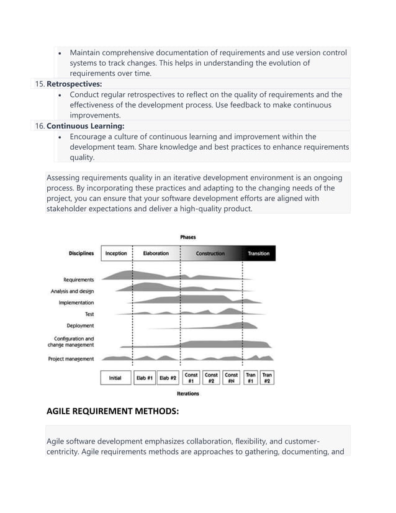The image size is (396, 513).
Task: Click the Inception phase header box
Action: pyautogui.click(x=116, y=253)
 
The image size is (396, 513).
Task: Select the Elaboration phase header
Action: pyautogui.click(x=156, y=253)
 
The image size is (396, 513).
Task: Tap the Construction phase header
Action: pyautogui.click(x=210, y=253)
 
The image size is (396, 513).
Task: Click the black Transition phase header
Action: pyautogui.click(x=259, y=253)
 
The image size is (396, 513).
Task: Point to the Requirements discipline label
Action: pyautogui.click(x=79, y=279)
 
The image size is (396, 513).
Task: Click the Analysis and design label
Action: pyautogui.click(x=73, y=291)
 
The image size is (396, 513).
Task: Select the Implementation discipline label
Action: pyautogui.click(x=76, y=302)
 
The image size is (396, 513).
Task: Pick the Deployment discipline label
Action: pyautogui.click(x=81, y=325)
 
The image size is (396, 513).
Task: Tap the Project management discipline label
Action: pyautogui.click(x=71, y=358)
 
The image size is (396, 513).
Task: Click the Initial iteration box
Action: pyautogui.click(x=115, y=378)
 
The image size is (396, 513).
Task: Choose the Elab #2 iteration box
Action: pyautogui.click(x=167, y=378)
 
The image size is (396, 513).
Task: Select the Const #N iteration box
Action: pyautogui.click(x=232, y=378)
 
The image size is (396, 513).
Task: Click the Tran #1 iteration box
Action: pyautogui.click(x=251, y=378)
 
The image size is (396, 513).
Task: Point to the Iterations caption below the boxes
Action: pyautogui.click(x=188, y=394)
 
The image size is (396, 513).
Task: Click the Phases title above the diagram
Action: pyautogui.click(x=188, y=237)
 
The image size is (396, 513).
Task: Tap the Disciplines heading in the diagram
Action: pyautogui.click(x=81, y=253)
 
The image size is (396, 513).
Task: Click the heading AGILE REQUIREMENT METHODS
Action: pyautogui.click(x=112, y=411)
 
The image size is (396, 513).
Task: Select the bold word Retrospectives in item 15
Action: pyautogui.click(x=74, y=84)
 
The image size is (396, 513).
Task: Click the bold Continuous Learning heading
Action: pyautogui.click(x=86, y=126)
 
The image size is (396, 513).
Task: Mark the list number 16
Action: pyautogui.click(x=39, y=126)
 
